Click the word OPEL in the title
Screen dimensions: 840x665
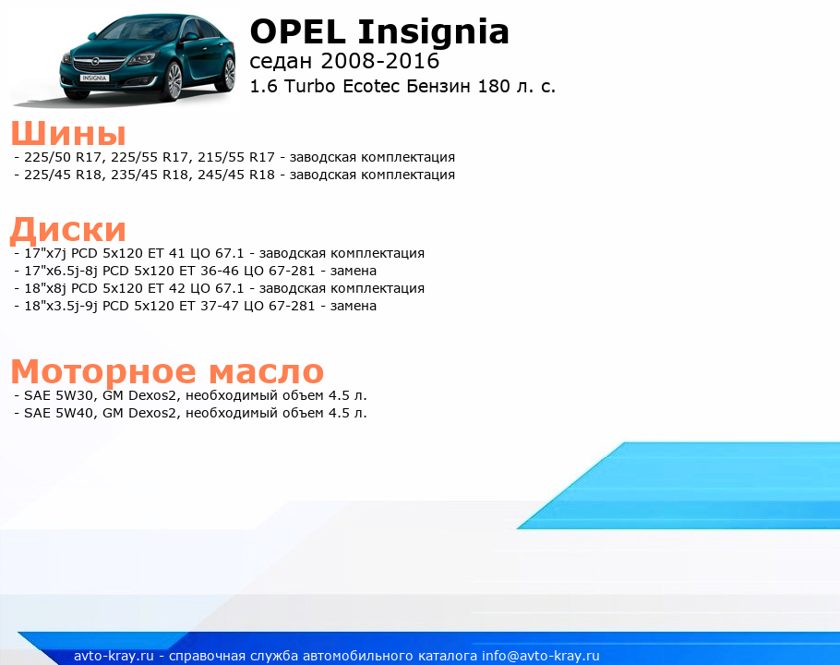298,31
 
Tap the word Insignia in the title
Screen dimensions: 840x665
434,33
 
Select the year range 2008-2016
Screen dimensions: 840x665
380,61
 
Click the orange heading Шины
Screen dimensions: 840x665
68,133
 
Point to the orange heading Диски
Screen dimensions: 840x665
68,230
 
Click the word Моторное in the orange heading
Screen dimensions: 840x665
103,371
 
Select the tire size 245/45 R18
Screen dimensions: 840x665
236,175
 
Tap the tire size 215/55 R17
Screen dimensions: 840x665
236,157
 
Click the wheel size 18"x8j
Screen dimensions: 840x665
45,288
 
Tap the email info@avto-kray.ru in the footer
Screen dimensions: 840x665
541,656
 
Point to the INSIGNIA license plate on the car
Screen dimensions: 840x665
94,79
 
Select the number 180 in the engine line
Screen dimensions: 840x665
494,86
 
